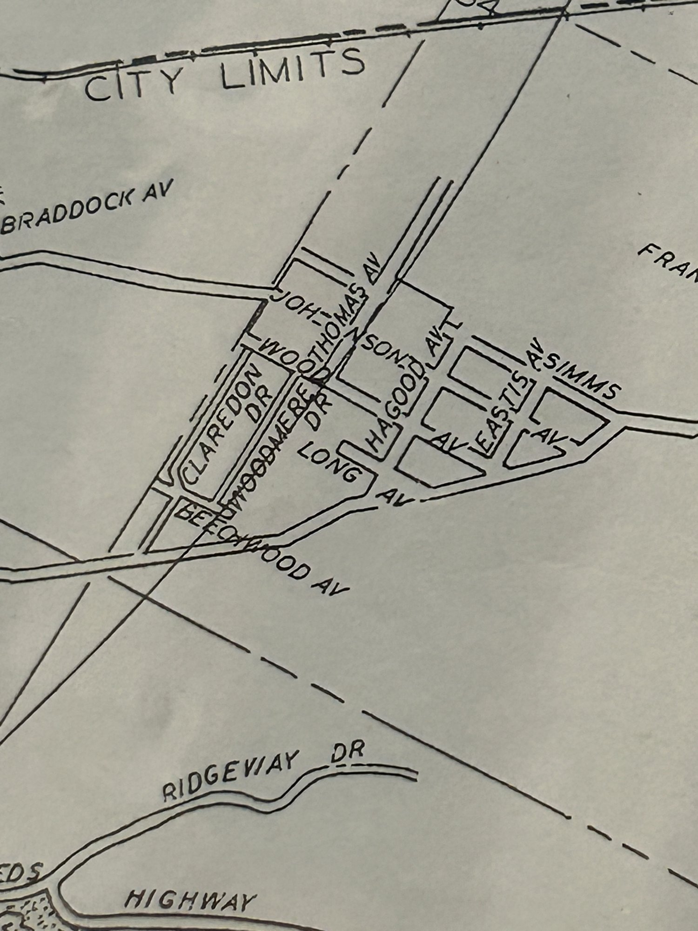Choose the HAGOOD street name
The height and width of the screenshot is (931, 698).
(397, 410)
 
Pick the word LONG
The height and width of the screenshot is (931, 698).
(332, 461)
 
